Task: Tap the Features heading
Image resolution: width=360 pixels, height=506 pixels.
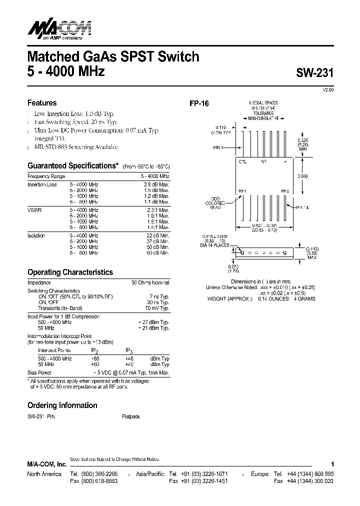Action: (42, 103)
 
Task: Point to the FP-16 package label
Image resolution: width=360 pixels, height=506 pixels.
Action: (198, 104)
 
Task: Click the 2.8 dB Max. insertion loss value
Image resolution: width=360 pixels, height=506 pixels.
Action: (156, 184)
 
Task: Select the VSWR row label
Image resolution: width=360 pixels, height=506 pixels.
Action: (34, 210)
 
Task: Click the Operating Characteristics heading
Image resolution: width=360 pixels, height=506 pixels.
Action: (70, 272)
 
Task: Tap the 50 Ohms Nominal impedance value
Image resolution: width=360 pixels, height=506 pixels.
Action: (150, 283)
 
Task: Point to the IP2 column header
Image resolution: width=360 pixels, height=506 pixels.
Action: (94, 351)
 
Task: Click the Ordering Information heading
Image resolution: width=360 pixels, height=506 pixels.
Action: (62, 405)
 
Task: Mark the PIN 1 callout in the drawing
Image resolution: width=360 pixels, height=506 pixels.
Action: (220, 147)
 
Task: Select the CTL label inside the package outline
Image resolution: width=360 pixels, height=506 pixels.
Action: (243, 162)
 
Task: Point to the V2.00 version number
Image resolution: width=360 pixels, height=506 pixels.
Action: (327, 89)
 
